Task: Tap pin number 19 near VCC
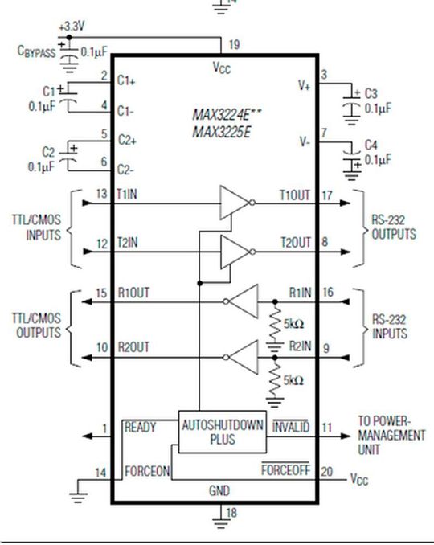[234, 44]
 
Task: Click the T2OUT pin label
[295, 243]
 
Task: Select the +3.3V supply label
[71, 26]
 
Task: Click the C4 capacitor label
[371, 145]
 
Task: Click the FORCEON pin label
[147, 472]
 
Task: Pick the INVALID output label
[291, 428]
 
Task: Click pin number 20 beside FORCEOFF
[325, 472]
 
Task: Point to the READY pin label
[140, 428]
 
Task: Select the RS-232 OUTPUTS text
[394, 229]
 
